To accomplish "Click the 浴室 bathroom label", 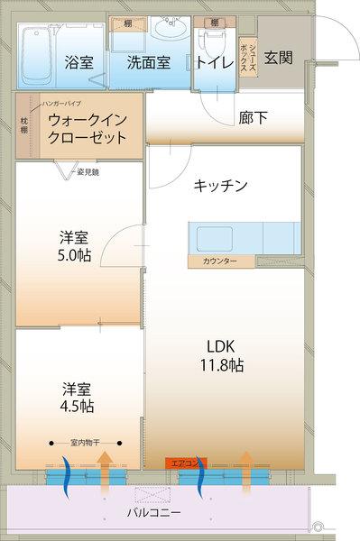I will pyautogui.click(x=79, y=63).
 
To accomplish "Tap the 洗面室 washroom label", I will pyautogui.click(x=149, y=63).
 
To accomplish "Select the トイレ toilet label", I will pyautogui.click(x=215, y=63).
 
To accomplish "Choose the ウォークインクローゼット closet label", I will pyautogui.click(x=86, y=129).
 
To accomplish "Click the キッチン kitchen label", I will pyautogui.click(x=220, y=186).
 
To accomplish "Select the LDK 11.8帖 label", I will pyautogui.click(x=221, y=356).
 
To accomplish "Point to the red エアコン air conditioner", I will pyautogui.click(x=184, y=463).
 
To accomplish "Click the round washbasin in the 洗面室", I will pyautogui.click(x=168, y=29).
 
